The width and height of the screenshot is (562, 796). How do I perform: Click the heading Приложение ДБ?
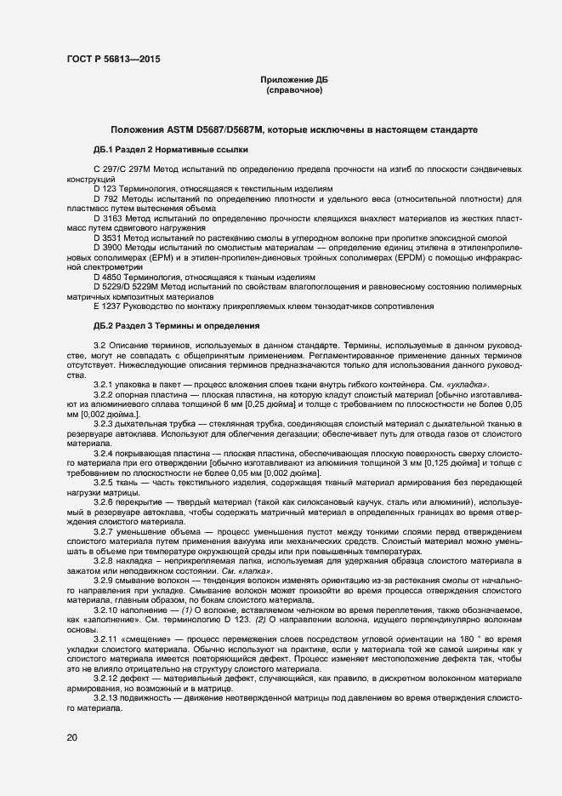[293, 80]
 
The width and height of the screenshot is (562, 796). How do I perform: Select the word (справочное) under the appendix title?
[293, 90]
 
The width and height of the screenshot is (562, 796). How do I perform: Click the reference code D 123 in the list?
[105, 189]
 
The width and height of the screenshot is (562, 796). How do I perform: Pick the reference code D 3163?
[108, 220]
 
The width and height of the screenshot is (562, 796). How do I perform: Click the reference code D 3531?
[108, 239]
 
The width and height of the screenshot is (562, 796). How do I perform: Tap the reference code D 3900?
[108, 249]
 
